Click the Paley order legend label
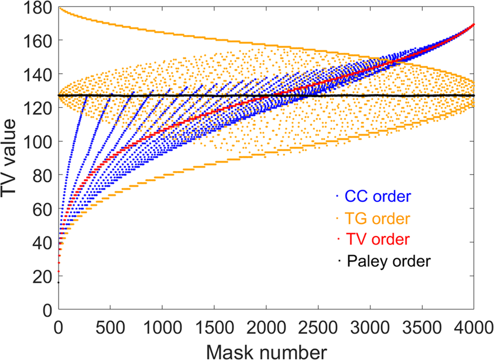(388, 261)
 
